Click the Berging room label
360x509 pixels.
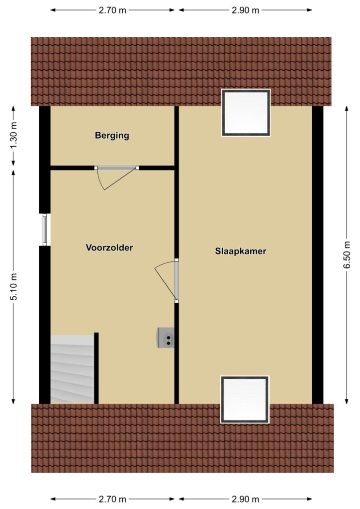tap(112, 135)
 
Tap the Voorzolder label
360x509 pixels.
tap(109, 248)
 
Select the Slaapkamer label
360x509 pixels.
tap(241, 251)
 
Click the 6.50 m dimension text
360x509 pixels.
tap(347, 255)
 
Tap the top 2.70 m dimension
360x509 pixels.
tap(112, 10)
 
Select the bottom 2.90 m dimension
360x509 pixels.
tap(246, 499)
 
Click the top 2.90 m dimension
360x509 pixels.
tap(246, 10)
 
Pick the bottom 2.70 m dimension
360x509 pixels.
tap(112, 499)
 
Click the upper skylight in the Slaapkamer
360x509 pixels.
tap(246, 113)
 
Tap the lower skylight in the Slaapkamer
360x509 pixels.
tap(245, 400)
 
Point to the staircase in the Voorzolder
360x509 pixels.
tap(72, 369)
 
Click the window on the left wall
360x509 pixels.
tap(45, 230)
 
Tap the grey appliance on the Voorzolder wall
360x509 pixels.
tap(166, 338)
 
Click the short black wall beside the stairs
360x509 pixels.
tap(96, 368)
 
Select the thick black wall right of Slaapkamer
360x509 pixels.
tap(317, 255)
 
